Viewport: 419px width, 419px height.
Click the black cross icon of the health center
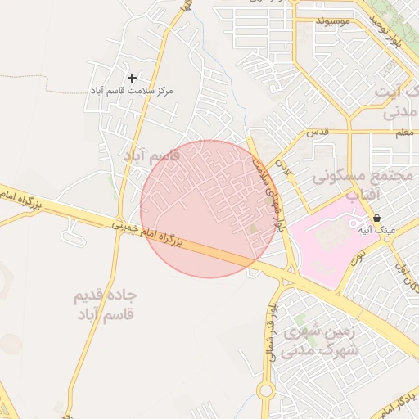click(133, 78)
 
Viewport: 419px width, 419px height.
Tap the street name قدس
click(317, 132)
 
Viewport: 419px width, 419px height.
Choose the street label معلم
click(403, 132)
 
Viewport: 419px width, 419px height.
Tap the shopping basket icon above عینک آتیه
click(376, 219)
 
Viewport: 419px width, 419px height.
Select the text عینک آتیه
click(376, 231)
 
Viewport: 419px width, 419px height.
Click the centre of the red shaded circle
click(209, 209)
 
